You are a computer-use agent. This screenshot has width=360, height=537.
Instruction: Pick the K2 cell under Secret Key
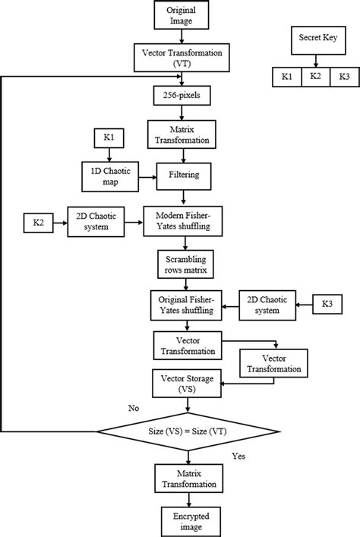click(x=315, y=77)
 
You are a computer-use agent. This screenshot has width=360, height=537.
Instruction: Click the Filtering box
click(x=183, y=176)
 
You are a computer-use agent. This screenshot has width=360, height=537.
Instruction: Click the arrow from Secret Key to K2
click(x=315, y=60)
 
